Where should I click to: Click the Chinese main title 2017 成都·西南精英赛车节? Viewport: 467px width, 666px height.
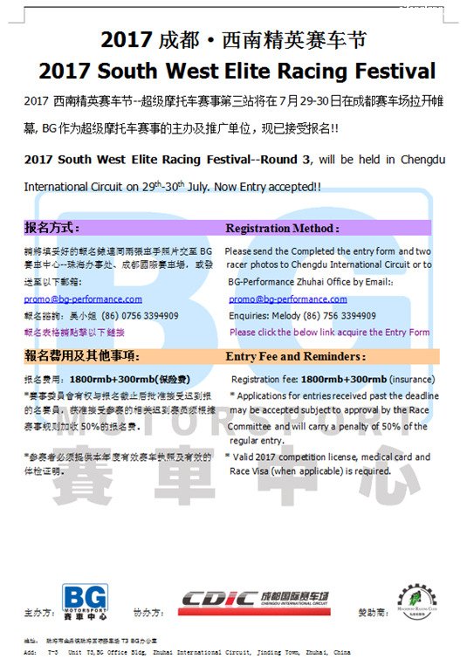(233, 39)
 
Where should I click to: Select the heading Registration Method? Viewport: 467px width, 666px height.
(282, 228)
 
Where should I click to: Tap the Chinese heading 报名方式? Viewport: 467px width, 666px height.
(52, 228)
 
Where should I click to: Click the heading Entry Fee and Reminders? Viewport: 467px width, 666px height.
(294, 356)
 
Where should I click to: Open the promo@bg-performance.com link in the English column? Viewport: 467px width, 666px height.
(287, 299)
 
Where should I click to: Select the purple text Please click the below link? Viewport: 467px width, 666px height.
(287, 333)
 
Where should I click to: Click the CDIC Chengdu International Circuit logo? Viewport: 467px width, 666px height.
(255, 600)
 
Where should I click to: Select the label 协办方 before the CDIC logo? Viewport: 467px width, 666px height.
(148, 614)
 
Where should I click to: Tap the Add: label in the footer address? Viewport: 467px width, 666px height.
(31, 652)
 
